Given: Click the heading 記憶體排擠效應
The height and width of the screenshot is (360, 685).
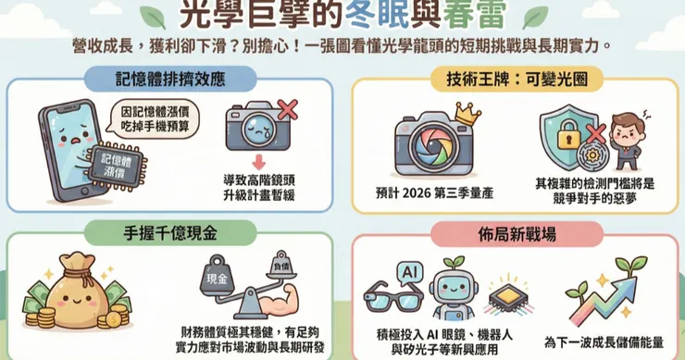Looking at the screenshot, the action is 170,79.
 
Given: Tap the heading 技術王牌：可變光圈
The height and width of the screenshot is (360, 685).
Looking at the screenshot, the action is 517,80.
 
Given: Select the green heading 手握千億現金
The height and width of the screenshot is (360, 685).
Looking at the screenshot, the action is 170,233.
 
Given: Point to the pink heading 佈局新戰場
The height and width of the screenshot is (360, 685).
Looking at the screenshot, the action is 517,234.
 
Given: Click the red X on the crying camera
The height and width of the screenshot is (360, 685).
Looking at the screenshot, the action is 288,109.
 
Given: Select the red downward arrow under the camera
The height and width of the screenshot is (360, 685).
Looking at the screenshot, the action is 258,163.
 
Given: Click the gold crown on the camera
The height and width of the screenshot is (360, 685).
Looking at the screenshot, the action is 467,114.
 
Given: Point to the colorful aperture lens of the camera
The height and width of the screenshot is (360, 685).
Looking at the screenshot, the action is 430,146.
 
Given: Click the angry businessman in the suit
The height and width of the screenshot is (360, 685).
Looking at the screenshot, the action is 627,141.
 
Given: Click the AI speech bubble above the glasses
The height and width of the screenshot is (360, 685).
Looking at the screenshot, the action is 409,273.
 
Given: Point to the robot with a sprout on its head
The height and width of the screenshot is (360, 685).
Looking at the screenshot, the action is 453,289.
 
